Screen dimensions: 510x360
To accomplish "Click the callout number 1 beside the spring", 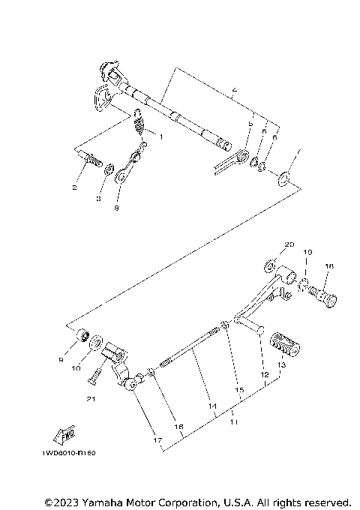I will pyautogui.click(x=159, y=136).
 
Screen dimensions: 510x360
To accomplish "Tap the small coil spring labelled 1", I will pyautogui.click(x=139, y=121).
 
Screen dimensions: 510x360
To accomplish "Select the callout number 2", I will pyautogui.click(x=74, y=189).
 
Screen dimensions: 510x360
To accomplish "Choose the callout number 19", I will pyautogui.click(x=307, y=253).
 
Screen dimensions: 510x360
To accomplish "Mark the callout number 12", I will pyautogui.click(x=264, y=373).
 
